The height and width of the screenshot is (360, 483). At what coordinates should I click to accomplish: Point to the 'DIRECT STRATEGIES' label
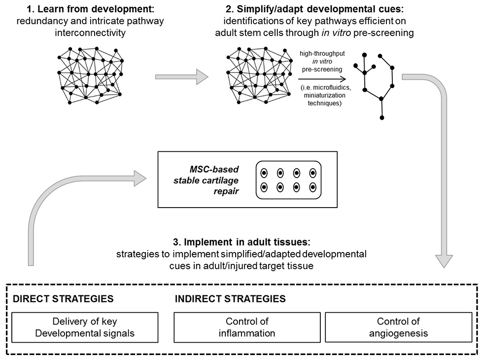[63, 299]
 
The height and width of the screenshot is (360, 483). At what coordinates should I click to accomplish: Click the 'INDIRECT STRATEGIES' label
[230, 299]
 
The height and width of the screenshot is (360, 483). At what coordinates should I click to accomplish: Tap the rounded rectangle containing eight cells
[288, 180]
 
